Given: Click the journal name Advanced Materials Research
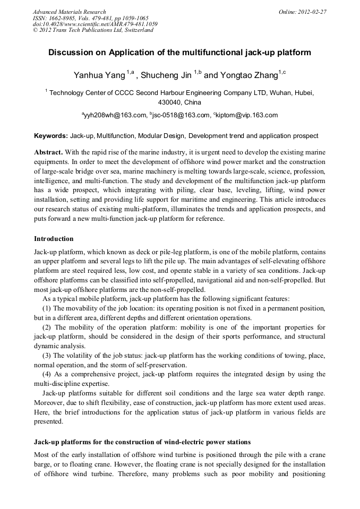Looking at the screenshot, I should point(69,12).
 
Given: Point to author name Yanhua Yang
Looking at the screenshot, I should point(99,75).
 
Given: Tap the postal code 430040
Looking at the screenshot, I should point(170,102).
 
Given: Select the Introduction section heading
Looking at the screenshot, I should point(54,239).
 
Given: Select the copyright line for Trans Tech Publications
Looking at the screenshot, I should point(93,30).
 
